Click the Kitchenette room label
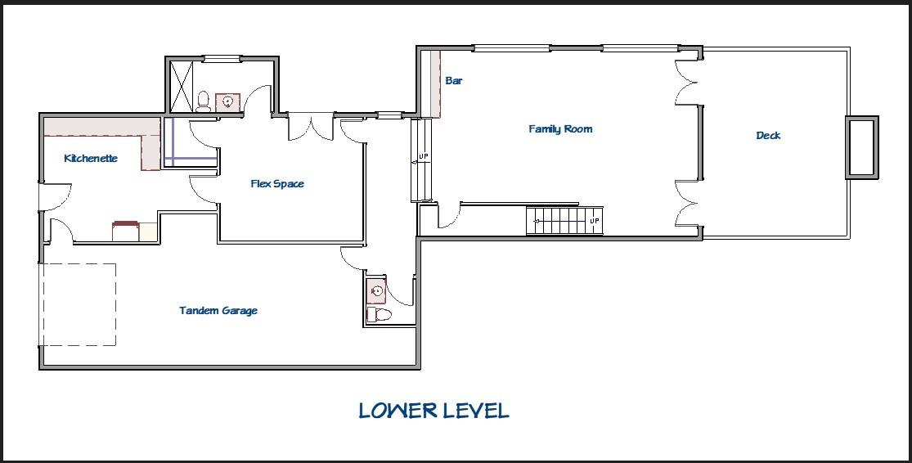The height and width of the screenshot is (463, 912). point(91,158)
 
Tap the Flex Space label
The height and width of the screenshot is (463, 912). point(277,184)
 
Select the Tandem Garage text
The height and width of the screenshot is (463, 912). point(218,311)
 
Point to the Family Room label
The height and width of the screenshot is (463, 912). point(560,128)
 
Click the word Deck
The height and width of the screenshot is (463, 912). point(768,136)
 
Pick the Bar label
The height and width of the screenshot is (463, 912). point(454,80)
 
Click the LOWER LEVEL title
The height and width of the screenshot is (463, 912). point(434,411)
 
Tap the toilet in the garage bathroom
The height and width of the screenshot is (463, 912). point(380,315)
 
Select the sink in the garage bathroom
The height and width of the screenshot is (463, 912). point(376,291)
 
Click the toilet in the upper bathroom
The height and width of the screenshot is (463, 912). point(203,101)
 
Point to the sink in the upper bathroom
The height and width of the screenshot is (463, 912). point(227,102)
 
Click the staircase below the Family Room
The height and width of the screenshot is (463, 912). point(564,220)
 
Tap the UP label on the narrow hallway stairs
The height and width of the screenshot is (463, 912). point(424,156)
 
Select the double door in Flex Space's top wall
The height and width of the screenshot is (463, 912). point(311,126)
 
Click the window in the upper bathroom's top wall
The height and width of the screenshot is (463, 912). point(222,58)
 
